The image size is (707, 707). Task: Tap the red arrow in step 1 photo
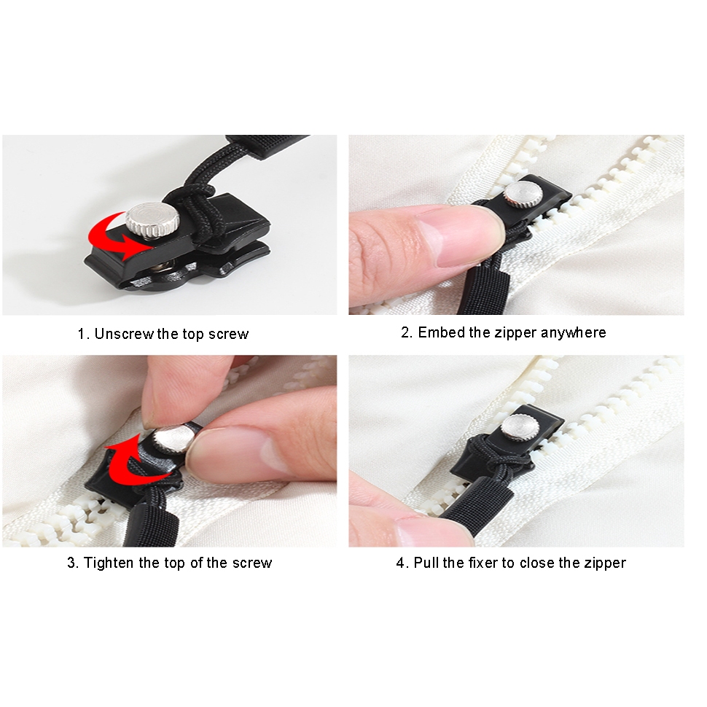click(118, 237)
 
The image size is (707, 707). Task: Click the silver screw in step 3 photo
click(173, 440)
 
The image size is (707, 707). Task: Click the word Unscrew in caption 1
click(124, 334)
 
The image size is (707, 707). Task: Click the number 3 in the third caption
click(71, 563)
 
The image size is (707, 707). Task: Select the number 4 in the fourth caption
click(401, 563)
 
